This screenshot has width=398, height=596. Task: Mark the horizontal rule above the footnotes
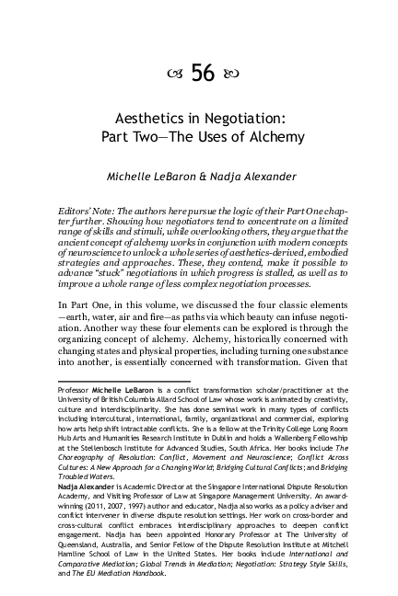pos(104,379)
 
